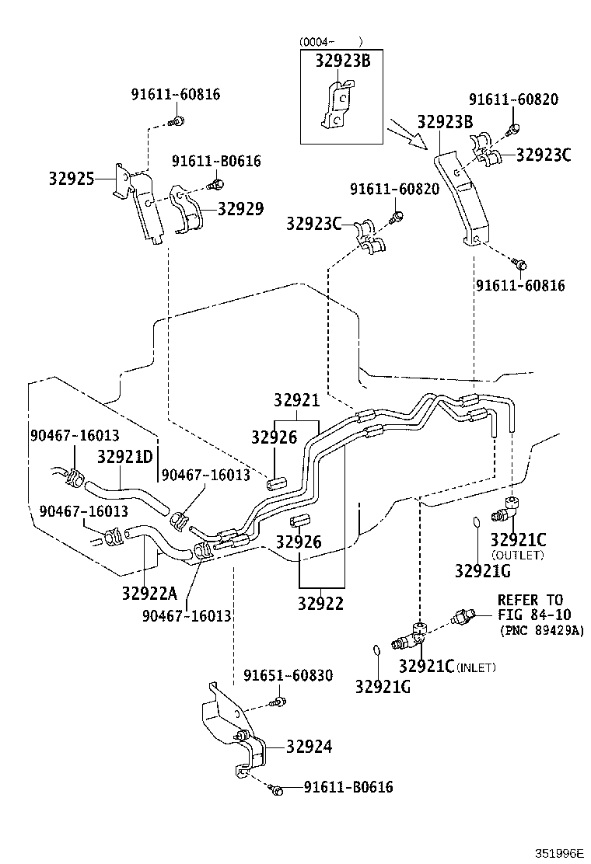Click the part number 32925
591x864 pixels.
coord(72,179)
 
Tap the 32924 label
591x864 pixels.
coord(309,747)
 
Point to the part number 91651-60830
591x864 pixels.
coord(288,675)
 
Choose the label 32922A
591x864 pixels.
coord(149,594)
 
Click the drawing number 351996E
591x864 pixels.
coord(558,852)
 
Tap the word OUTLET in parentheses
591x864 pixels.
coord(518,555)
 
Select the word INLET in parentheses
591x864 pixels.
coord(476,667)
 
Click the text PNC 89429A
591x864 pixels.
coord(541,630)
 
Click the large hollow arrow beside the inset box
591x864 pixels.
coord(408,132)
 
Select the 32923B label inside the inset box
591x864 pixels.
coord(342,61)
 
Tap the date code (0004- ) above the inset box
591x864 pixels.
coord(331,41)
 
